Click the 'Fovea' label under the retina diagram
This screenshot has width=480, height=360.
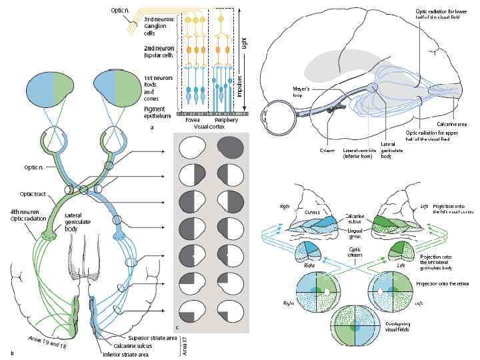point(192,120)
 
